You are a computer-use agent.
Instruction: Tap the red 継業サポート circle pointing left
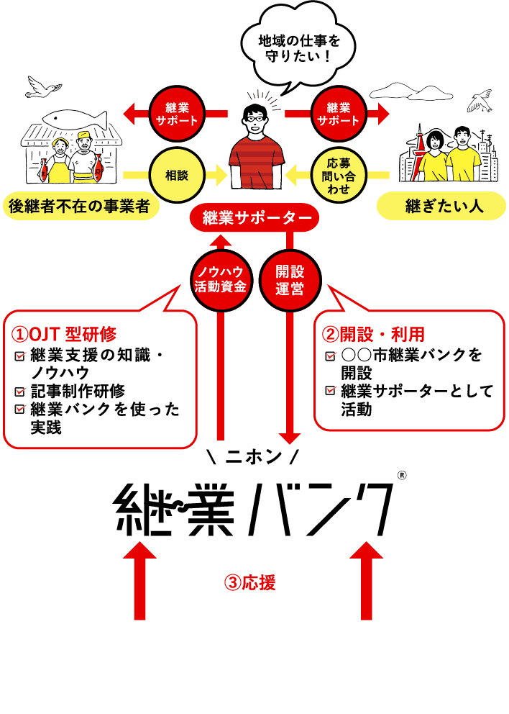[x=177, y=114]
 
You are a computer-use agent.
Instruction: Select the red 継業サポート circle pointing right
[x=338, y=114]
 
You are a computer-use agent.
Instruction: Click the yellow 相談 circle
[x=177, y=175]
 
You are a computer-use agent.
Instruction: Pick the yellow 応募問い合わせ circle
[x=338, y=175]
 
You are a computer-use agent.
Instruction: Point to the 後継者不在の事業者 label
[x=79, y=207]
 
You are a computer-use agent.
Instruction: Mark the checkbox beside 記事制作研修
[x=20, y=392]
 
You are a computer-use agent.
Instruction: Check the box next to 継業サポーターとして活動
[x=330, y=392]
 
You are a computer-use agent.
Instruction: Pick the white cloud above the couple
[x=400, y=89]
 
